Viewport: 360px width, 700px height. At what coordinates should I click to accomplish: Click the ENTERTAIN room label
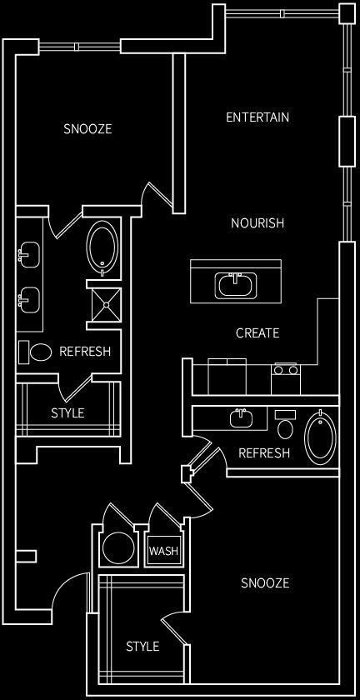tap(257, 117)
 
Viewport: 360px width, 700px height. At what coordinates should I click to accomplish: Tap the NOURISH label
tap(257, 223)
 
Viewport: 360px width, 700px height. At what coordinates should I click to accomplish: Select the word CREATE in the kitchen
tap(257, 333)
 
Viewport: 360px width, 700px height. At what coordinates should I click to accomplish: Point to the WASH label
tap(163, 551)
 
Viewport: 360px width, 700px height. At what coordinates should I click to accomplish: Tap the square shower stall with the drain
tap(104, 304)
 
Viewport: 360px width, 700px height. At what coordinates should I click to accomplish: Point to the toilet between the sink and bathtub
tap(285, 427)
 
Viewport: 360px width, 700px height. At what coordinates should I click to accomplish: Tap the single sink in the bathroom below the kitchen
tap(242, 417)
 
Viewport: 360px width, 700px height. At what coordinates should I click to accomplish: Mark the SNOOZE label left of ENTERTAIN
tap(87, 129)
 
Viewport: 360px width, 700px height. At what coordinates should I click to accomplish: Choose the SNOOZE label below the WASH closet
tap(265, 582)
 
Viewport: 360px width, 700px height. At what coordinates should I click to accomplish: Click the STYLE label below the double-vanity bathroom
tap(67, 412)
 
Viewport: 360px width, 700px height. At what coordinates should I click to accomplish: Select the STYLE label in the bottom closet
tap(142, 646)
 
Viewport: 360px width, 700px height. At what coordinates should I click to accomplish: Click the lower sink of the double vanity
tap(29, 297)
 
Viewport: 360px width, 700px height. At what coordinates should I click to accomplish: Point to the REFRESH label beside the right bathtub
tap(264, 453)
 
